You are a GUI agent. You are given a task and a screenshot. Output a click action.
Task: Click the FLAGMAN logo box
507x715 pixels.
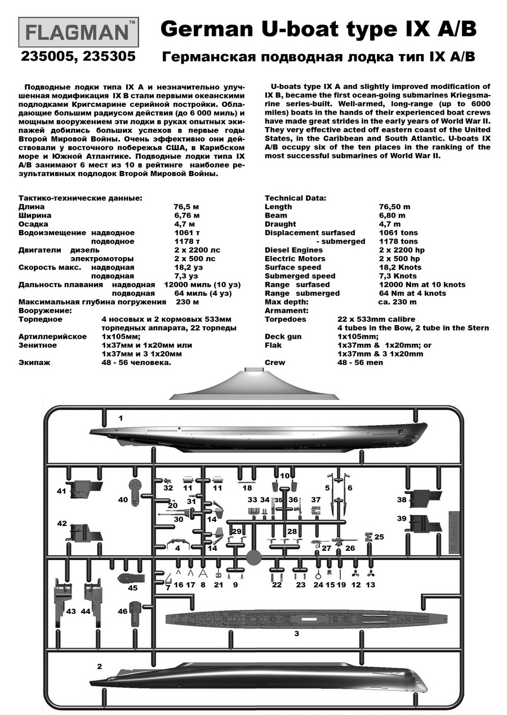point(78,32)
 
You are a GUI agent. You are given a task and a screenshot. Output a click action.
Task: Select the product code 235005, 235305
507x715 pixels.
point(78,57)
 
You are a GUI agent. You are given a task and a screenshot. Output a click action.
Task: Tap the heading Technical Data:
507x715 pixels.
point(295,198)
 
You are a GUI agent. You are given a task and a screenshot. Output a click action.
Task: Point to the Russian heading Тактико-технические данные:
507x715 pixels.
point(80,198)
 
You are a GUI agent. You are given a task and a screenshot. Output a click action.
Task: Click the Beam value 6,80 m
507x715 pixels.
point(392,215)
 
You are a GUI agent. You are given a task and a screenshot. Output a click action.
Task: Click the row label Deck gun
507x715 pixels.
point(283,336)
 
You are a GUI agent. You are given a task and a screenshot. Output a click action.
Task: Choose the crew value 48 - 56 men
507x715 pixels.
point(361,362)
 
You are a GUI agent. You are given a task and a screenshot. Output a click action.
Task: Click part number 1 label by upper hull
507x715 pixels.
point(120,418)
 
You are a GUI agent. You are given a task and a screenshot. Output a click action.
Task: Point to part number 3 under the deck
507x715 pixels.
point(297,634)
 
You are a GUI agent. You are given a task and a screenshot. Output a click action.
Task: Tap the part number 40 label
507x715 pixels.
point(123,499)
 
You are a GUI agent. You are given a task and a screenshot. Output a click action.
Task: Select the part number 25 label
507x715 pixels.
point(379,537)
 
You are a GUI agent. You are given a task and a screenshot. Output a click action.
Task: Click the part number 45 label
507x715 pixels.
point(132,588)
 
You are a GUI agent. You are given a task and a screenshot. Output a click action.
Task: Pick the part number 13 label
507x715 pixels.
point(371,585)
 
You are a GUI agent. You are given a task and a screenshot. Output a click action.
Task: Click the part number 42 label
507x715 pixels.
point(62,523)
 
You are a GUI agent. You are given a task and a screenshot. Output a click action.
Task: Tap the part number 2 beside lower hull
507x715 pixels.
point(99,666)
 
